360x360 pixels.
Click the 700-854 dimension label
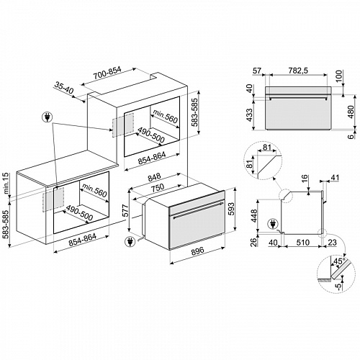pos(107,73)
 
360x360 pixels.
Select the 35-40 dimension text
pos(64,88)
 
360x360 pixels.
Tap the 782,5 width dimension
pos(298,71)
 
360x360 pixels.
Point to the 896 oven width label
pos(197,251)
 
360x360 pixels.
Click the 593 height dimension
pos(230,210)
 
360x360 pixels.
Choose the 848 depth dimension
pos(154,177)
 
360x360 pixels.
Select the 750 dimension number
pos(158,187)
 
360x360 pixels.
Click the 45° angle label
pos(339,261)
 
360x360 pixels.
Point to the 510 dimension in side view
pos(302,243)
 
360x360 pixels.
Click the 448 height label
pos(253,216)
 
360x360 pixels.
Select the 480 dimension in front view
pos(351,112)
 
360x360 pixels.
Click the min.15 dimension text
pos(6,184)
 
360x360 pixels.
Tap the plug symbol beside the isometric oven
pos(130,241)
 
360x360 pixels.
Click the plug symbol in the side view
pos(272,224)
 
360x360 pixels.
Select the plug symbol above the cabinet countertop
pos(47,117)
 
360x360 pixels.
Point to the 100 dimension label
pos(338,76)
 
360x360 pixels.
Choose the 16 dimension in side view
pos(304,180)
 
